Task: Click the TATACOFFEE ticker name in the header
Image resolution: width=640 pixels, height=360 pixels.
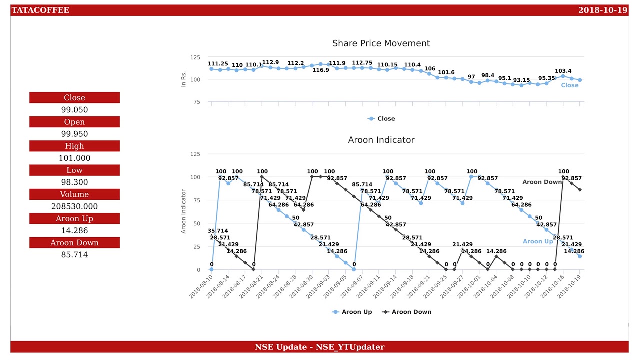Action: click(x=40, y=10)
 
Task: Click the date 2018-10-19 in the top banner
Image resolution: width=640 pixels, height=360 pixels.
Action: click(x=602, y=10)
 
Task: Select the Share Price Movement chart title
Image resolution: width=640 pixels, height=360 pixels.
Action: click(x=381, y=43)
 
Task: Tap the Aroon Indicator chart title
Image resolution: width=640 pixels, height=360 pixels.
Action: click(x=381, y=140)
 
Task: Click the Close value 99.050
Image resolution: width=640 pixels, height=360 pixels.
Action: click(x=74, y=110)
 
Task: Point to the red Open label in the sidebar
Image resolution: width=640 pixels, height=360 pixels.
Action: click(x=74, y=122)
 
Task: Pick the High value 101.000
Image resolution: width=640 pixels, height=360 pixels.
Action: click(x=74, y=158)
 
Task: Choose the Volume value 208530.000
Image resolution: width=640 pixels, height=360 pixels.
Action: click(x=74, y=206)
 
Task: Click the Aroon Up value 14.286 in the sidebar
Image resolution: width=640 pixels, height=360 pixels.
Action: click(x=74, y=230)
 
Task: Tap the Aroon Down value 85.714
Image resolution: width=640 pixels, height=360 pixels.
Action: click(x=74, y=254)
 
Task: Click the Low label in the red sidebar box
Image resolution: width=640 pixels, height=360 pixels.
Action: click(x=74, y=170)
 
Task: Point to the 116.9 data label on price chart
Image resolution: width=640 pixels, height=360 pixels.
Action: click(x=321, y=70)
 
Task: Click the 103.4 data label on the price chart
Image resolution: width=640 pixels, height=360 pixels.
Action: click(x=563, y=71)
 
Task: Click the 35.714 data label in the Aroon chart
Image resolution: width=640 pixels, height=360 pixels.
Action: click(x=218, y=231)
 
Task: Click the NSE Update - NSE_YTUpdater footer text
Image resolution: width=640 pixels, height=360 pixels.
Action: click(x=319, y=347)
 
